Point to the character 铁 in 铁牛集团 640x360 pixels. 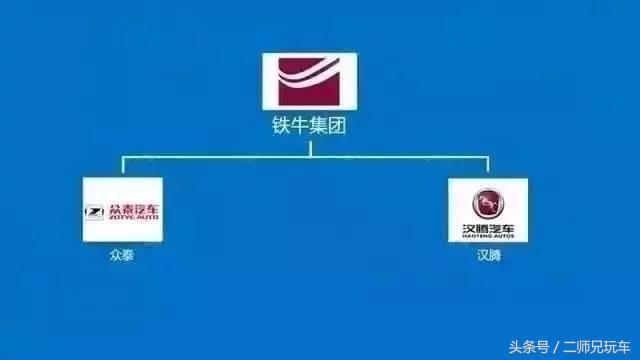(281, 127)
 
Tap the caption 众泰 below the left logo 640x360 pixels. (122, 255)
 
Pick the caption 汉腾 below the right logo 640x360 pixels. (488, 255)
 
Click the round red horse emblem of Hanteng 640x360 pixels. (488, 200)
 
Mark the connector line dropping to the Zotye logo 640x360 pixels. (123, 166)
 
